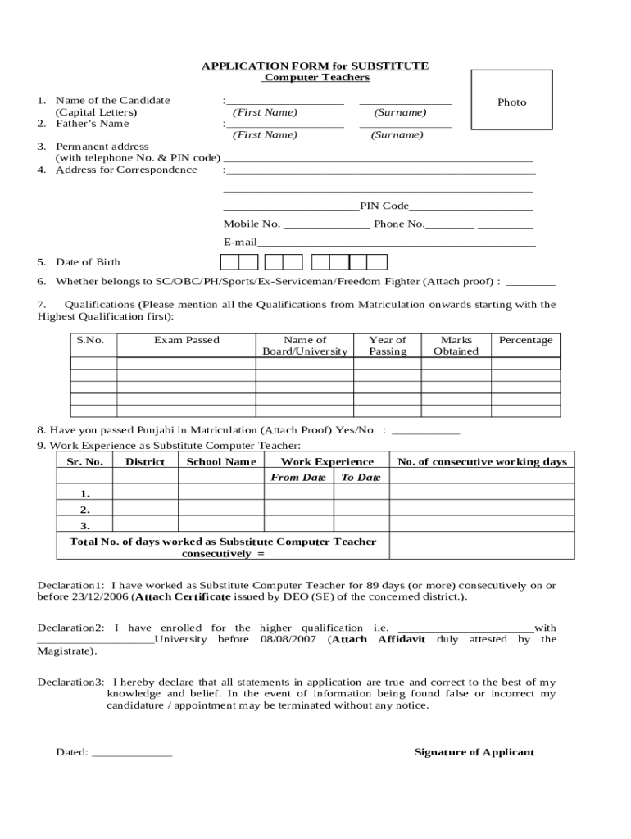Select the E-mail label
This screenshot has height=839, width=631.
(240, 243)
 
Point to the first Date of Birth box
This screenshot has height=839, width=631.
(229, 262)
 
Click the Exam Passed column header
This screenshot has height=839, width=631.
(186, 340)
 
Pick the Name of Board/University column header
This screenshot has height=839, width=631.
(305, 346)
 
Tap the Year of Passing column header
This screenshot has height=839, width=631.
(387, 346)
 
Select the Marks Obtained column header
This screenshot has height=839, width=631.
(456, 346)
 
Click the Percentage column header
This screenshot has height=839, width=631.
(525, 340)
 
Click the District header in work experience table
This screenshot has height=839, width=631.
(145, 462)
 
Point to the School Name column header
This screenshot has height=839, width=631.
(221, 462)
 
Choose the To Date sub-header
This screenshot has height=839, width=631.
(361, 478)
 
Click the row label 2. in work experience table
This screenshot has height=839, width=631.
(85, 510)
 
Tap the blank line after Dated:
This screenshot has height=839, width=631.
(131, 752)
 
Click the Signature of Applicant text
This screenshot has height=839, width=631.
(474, 752)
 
